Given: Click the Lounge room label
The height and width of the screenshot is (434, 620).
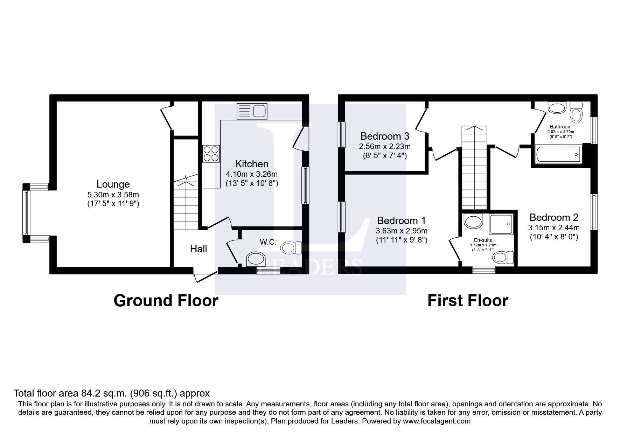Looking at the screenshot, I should [113, 184].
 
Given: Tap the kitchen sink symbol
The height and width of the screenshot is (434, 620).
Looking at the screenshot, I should [252, 111].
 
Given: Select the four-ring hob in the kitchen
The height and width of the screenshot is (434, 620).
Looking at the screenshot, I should [211, 154].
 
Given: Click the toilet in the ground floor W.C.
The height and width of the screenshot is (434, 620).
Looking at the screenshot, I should [292, 248].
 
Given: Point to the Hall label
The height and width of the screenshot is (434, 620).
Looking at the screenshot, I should [198, 249].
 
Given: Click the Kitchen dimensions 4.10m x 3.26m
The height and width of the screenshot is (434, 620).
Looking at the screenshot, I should [252, 174].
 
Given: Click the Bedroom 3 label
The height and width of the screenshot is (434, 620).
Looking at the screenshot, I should [385, 136].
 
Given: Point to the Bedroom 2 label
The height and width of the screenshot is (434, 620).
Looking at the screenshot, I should [553, 217].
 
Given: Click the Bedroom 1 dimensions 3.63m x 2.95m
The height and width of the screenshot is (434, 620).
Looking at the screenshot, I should [401, 231].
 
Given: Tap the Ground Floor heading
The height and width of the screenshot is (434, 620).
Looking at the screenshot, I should [166, 301].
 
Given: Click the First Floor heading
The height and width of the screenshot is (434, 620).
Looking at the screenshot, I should [467, 301].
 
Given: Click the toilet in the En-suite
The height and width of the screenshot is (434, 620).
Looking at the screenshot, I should [503, 258].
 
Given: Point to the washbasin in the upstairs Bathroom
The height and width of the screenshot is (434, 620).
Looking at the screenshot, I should [557, 108].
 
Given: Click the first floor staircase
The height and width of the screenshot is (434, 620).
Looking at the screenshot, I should [474, 168].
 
